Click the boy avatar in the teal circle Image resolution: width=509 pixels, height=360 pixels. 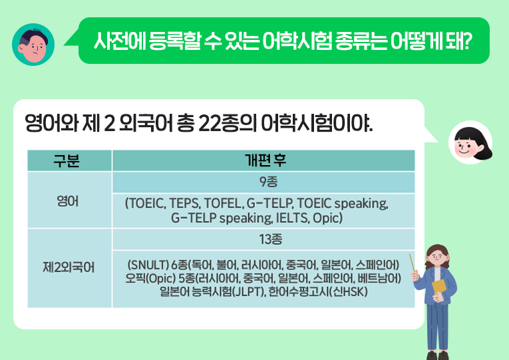click(x=33, y=44)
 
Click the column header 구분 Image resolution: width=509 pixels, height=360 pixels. click(x=69, y=160)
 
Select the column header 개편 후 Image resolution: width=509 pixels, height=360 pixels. click(x=263, y=160)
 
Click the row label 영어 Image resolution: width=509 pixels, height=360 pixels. click(x=69, y=200)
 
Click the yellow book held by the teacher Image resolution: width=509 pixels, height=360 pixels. click(x=440, y=287)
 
